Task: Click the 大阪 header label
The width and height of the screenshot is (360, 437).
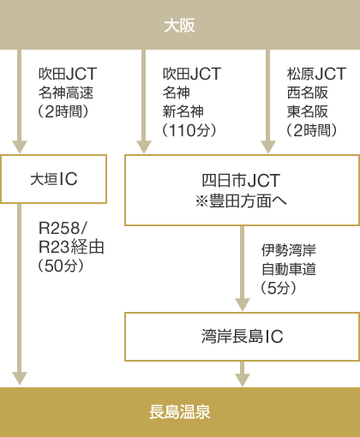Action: tap(180, 26)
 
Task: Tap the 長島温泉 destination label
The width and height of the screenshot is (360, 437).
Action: tap(180, 412)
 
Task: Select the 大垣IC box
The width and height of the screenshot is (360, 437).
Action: tap(53, 179)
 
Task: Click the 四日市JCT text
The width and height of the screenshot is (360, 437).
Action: tap(241, 180)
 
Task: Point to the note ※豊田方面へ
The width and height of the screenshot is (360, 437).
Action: tap(241, 201)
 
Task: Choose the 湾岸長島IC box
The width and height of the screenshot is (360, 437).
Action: tap(242, 337)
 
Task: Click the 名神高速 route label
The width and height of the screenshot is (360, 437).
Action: tap(66, 93)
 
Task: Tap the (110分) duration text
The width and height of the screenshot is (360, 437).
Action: tap(189, 130)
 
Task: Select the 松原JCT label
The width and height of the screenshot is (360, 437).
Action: tap(316, 74)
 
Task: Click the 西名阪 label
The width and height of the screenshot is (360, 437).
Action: tap(308, 93)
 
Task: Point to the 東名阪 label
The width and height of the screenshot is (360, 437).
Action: tap(308, 111)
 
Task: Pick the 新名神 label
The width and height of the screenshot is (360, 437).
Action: tap(183, 111)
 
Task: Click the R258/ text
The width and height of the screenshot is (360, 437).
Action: tap(63, 228)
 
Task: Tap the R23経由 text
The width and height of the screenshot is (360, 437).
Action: tap(71, 247)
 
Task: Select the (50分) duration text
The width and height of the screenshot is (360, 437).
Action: tap(61, 266)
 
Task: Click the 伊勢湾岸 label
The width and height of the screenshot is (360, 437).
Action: tap(289, 250)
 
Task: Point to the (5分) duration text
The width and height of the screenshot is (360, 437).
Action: tap(279, 288)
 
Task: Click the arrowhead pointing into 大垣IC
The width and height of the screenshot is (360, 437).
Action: tap(20, 147)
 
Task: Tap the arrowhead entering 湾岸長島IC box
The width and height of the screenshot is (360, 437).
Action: tap(243, 305)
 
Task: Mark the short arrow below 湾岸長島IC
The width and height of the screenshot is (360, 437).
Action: tap(243, 374)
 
